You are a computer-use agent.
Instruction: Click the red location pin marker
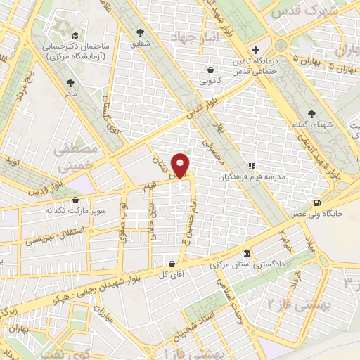[x=181, y=165]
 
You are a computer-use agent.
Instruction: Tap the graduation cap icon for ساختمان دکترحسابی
[x=72, y=35]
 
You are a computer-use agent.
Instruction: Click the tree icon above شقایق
[x=141, y=32]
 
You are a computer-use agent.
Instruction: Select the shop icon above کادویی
[x=210, y=69]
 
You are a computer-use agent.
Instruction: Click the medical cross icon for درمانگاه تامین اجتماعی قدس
[x=255, y=50]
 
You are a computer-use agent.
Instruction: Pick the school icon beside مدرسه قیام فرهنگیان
[x=252, y=166]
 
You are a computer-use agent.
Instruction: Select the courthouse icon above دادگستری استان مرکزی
[x=247, y=253]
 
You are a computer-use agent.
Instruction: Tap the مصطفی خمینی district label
[x=67, y=158]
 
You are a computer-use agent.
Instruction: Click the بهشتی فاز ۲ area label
[x=288, y=302]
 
